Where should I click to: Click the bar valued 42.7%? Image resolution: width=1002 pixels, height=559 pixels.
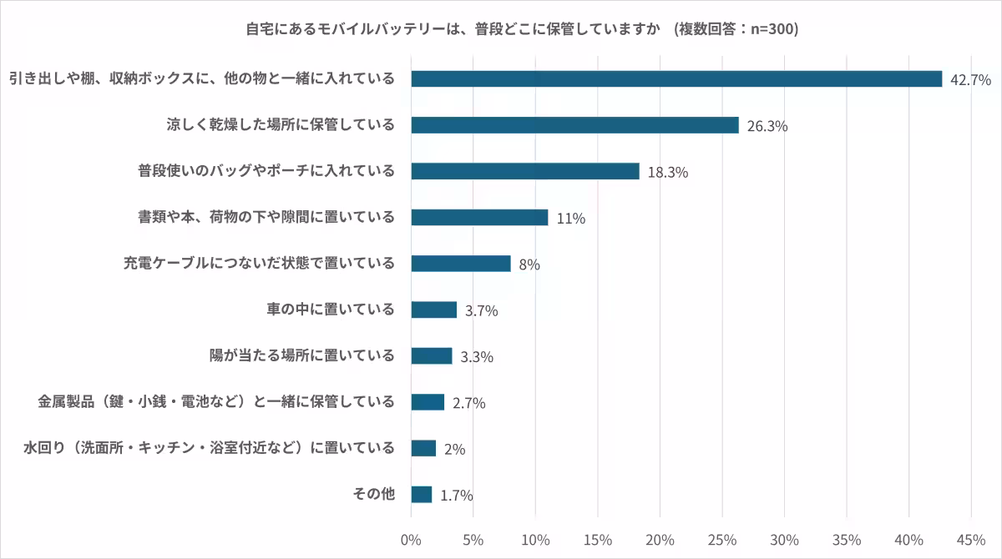pos(676,79)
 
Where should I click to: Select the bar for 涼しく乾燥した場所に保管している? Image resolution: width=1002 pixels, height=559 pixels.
pos(574,125)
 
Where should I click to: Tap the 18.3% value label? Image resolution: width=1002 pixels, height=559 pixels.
pos(667,173)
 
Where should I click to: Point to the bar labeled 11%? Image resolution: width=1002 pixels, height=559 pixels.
pos(479,218)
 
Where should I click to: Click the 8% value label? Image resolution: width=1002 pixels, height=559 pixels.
pos(529,264)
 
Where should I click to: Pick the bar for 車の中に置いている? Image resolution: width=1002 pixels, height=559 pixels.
pos(434,310)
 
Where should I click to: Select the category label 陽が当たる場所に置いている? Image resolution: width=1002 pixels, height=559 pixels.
pos(301,355)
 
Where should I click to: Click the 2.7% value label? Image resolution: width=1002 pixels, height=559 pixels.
pos(468,403)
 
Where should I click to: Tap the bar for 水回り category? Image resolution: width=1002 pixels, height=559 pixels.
pos(423,449)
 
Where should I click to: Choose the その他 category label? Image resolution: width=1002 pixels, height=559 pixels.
pos(372,494)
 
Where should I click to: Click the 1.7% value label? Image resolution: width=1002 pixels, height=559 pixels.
pos(457,496)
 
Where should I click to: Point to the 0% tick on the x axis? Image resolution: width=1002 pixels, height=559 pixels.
pos(411,540)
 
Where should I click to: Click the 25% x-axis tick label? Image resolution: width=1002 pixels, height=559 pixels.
pos(722,540)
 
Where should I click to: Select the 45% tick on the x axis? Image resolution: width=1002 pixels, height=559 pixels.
pos(971,540)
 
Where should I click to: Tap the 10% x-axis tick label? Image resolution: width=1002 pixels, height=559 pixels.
pos(535,540)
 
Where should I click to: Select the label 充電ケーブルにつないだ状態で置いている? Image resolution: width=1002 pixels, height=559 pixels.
pos(259,264)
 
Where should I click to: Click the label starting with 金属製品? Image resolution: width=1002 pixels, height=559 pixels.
pos(216,402)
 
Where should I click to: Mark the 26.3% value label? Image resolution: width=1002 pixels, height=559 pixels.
pos(767,127)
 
